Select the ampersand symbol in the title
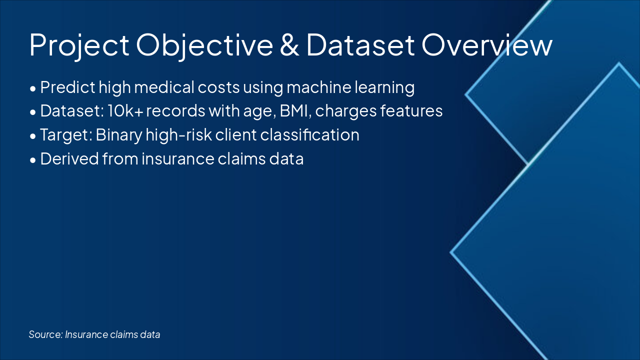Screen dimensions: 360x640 289,45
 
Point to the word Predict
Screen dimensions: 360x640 67,87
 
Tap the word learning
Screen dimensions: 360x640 384,87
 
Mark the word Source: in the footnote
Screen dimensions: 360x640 45,334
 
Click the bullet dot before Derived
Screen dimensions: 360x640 33,160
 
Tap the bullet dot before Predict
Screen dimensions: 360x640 33,88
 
